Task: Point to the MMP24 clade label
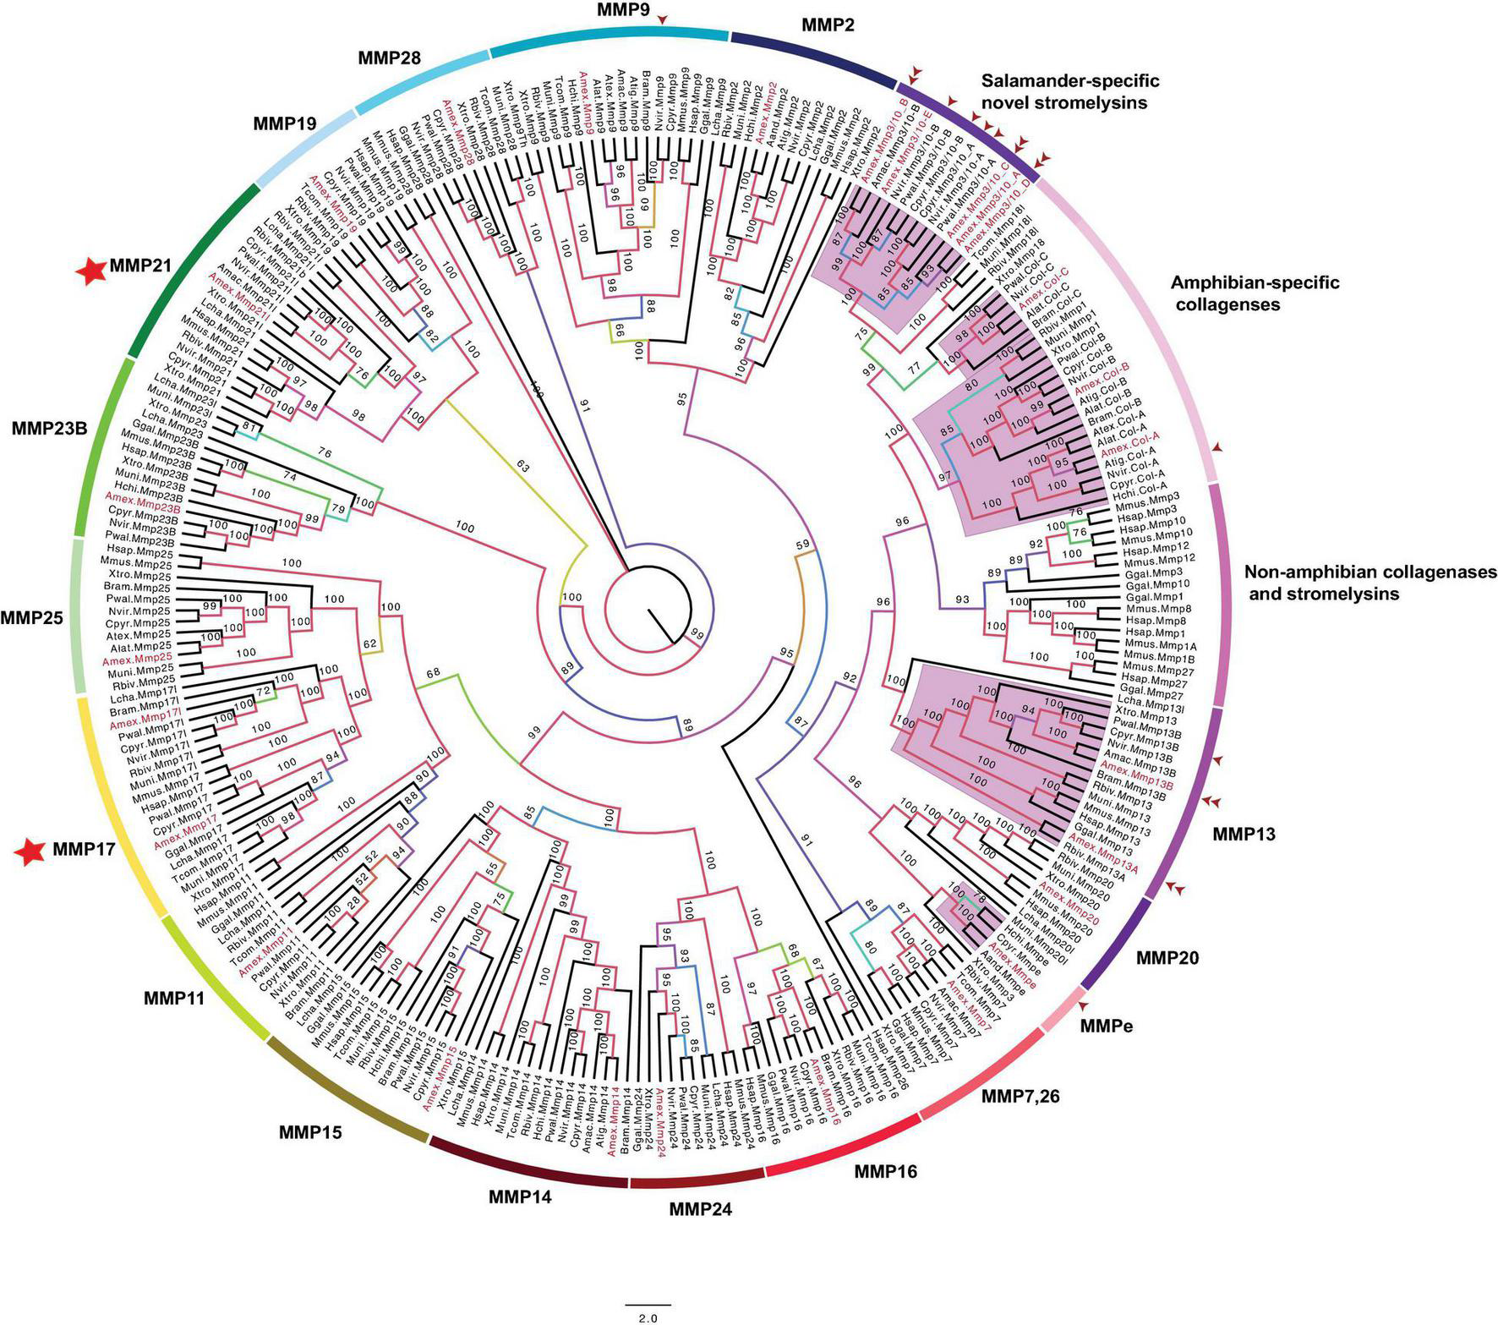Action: click(x=700, y=1208)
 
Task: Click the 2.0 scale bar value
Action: click(x=648, y=1317)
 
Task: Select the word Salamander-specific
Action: click(x=1070, y=81)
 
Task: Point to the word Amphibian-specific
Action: click(x=1255, y=282)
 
